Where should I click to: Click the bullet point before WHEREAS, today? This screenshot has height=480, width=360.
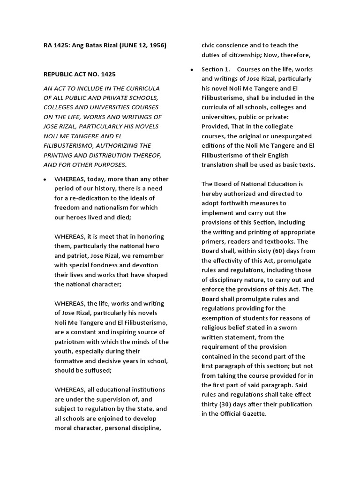click(x=44, y=180)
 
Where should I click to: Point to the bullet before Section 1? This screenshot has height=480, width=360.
click(x=192, y=69)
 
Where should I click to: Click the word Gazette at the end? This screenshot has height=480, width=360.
click(x=250, y=413)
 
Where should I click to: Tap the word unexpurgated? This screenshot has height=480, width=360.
click(x=280, y=136)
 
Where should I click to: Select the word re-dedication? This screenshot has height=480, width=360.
click(x=89, y=198)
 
